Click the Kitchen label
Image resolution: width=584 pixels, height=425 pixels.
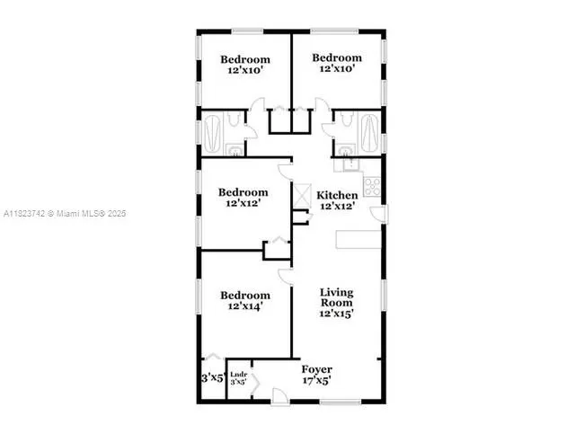point(338,195)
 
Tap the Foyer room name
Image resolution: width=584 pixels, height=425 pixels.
point(316,369)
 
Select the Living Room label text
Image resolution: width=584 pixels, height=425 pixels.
point(337,298)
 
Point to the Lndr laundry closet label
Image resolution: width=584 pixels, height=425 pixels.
point(238,374)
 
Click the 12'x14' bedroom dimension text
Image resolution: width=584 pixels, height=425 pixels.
point(245,306)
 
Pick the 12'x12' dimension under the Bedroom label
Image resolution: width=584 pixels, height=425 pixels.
point(245,204)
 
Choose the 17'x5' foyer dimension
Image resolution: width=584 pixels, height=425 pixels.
point(316,380)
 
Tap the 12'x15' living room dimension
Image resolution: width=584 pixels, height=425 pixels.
point(337,314)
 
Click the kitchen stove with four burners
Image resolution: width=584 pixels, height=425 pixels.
point(372,187)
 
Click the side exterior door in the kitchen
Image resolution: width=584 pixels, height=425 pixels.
point(381,214)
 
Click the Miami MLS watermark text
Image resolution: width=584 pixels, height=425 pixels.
point(65,214)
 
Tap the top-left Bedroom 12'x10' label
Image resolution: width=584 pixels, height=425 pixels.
point(245,66)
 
